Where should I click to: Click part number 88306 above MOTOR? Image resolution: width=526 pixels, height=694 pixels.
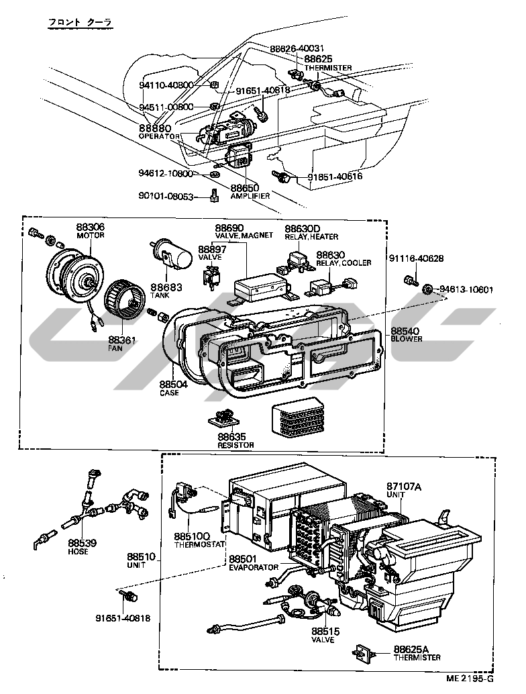[x=91, y=228]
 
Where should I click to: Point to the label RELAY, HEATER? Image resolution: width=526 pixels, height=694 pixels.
[x=311, y=237]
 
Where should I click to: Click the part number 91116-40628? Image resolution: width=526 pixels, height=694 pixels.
[x=416, y=258]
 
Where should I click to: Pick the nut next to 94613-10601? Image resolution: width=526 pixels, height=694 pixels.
[x=427, y=289]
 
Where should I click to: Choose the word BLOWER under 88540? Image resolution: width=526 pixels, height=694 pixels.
[x=406, y=339]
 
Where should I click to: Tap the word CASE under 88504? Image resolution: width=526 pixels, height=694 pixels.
[x=170, y=393]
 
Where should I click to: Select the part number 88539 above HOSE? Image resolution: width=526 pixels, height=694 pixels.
[x=83, y=543]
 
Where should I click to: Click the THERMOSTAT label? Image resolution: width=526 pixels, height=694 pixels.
[x=200, y=545]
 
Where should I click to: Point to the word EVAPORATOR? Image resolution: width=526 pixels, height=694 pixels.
[x=254, y=567]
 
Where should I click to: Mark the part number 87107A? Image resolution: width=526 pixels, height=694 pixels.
[x=404, y=487]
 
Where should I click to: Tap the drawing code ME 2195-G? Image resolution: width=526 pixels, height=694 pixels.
[x=470, y=679]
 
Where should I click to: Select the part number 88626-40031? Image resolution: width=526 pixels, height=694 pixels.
[x=297, y=48]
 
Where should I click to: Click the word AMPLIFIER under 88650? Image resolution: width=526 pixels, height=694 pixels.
[x=250, y=196]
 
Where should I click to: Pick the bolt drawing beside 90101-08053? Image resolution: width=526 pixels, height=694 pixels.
[x=214, y=195]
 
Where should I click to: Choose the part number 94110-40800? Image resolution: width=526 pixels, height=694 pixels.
[x=166, y=85]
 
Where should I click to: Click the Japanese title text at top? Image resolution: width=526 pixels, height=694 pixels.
[x=80, y=22]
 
